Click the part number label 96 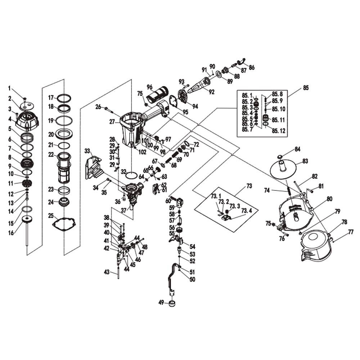[150, 86]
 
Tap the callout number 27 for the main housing [112, 122]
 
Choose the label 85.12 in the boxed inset [279, 131]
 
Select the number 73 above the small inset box [249, 186]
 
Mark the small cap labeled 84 [279, 157]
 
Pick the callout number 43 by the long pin [106, 272]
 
